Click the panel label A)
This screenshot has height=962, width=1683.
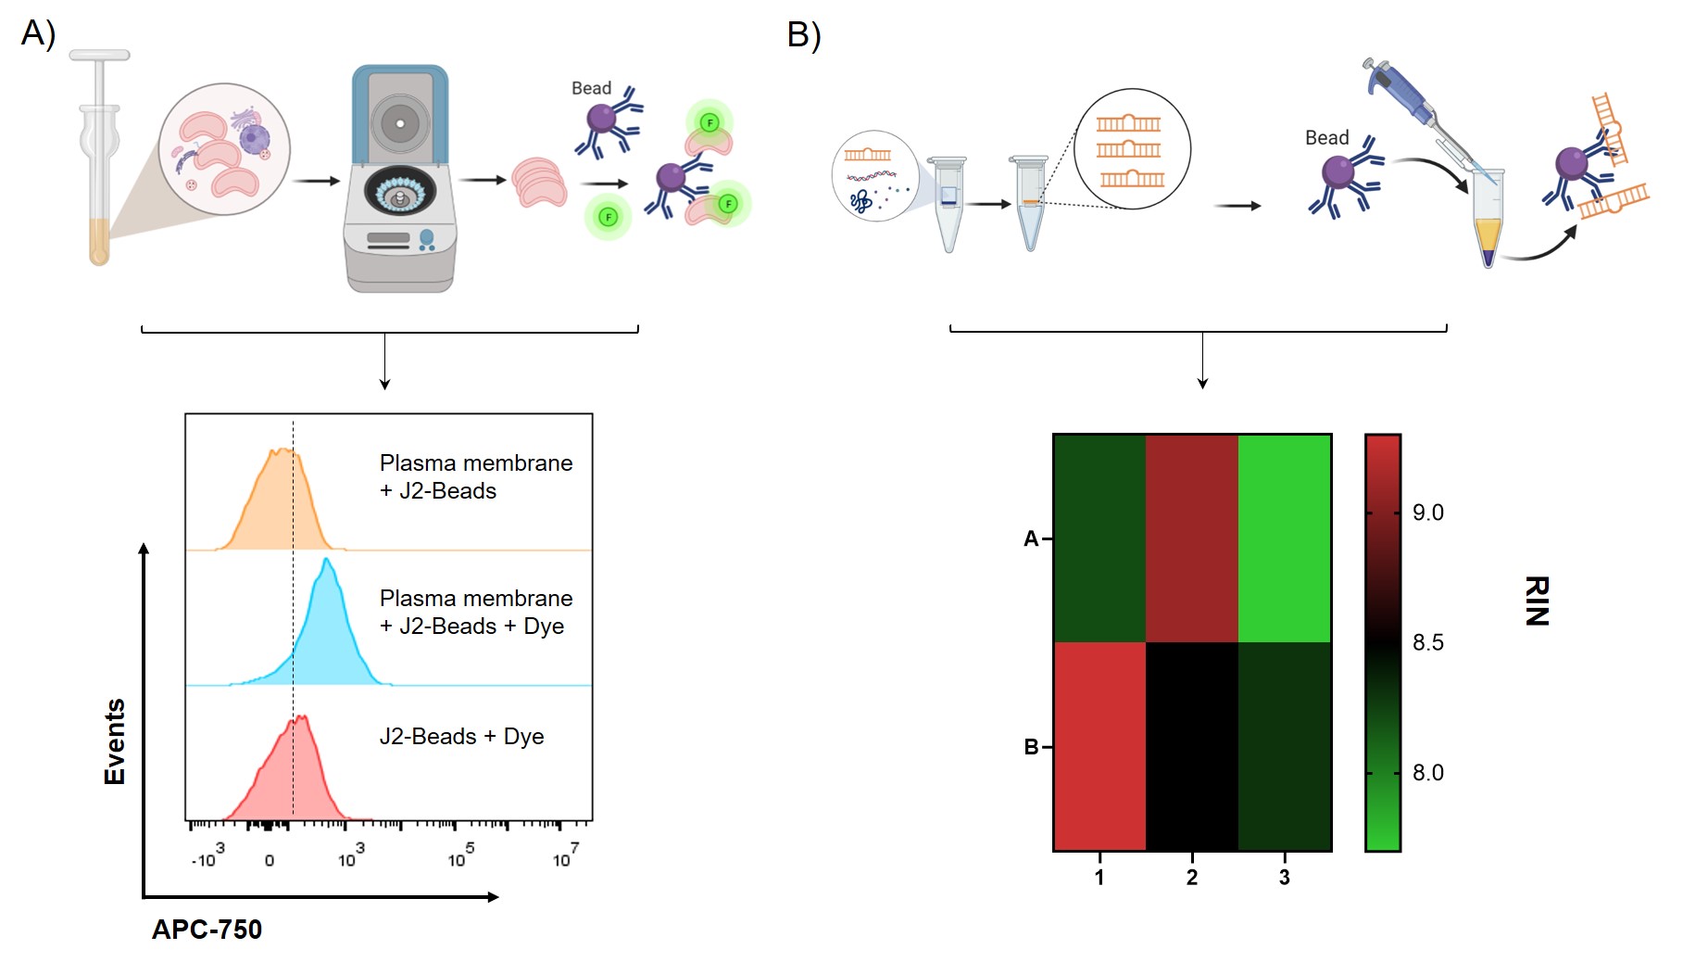[x=38, y=33]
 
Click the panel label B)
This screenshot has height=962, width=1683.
[x=803, y=35]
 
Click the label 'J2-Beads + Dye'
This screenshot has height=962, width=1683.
[x=461, y=737]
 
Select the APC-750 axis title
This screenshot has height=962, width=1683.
[x=207, y=930]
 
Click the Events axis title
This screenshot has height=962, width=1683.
[x=115, y=742]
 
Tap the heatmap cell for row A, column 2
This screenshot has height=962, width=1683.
[x=1192, y=538]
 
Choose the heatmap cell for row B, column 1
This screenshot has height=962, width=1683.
[x=1099, y=746]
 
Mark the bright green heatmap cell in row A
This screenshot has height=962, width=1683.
[x=1285, y=538]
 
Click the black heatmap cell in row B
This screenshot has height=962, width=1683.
[x=1192, y=746]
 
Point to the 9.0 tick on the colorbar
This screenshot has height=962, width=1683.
[x=1427, y=513]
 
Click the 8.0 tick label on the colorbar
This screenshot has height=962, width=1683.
[x=1427, y=773]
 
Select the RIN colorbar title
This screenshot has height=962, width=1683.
[x=1537, y=601]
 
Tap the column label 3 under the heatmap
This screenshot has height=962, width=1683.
[x=1285, y=877]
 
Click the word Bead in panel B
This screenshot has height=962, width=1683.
[x=1326, y=138]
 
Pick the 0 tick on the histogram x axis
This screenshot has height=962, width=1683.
[x=270, y=861]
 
